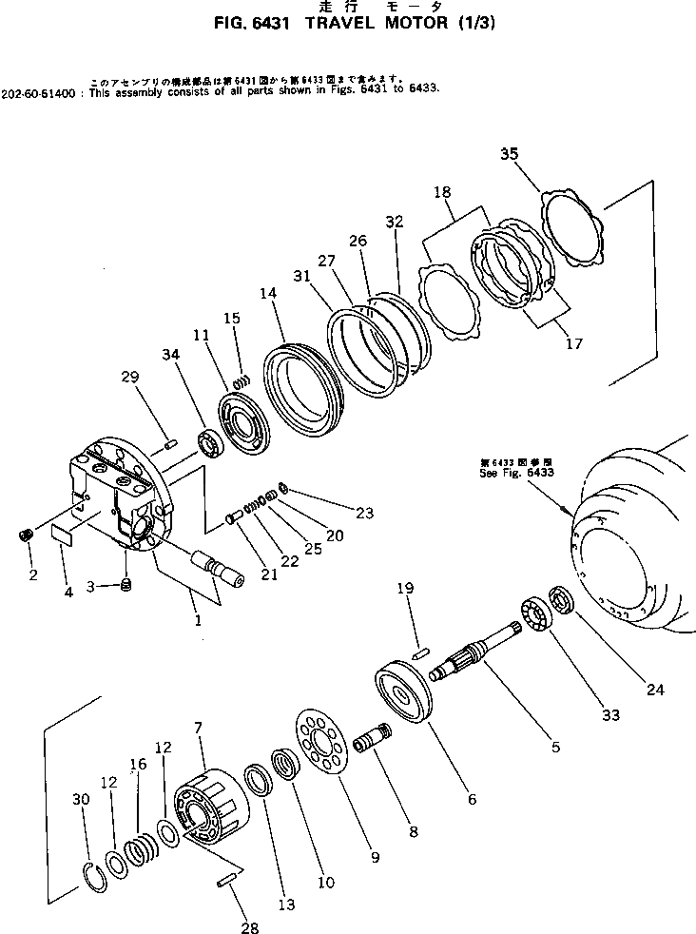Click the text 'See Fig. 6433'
pyautogui.click(x=517, y=472)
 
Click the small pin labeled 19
pyautogui.click(x=422, y=652)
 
